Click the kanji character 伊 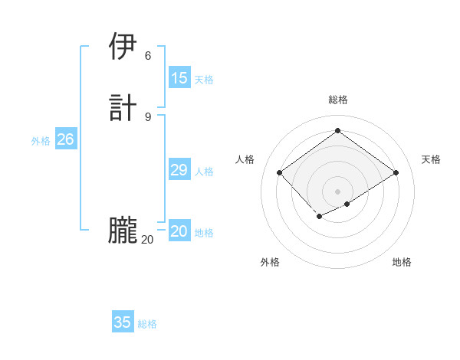[123, 47]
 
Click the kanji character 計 [123, 106]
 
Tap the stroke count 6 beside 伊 [148, 55]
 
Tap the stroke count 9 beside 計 [148, 116]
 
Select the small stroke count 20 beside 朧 [147, 240]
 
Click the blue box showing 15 [179, 77]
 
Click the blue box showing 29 [179, 170]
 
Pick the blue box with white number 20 [179, 231]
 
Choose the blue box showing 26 [65, 139]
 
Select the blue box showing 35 [123, 322]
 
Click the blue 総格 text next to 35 [147, 324]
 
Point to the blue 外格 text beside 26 [41, 141]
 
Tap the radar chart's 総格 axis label [337, 100]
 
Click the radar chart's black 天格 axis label [431, 159]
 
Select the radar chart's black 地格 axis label [402, 262]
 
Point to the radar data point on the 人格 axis [280, 173]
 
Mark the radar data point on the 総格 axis [337, 131]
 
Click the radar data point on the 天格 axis [396, 173]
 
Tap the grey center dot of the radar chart [337, 191]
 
